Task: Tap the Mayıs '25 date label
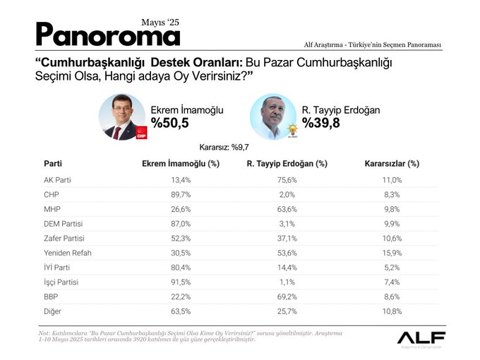[160, 22]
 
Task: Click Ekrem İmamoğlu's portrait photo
[121, 116]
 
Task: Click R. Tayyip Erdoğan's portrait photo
[273, 116]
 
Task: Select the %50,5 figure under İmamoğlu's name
[170, 123]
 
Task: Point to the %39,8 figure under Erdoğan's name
[320, 123]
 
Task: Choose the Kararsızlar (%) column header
[392, 163]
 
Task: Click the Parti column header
[52, 163]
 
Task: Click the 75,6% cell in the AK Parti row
[287, 180]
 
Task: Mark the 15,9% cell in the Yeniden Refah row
[392, 253]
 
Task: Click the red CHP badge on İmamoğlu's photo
[140, 132]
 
